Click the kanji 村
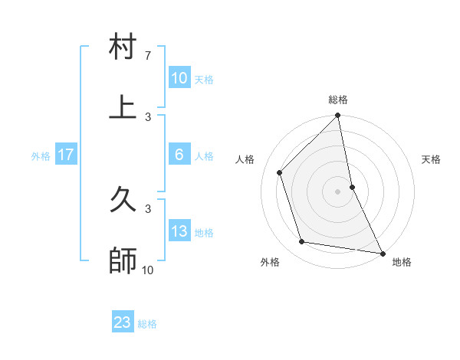click(123, 48)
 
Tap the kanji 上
click(123, 107)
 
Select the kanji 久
click(123, 201)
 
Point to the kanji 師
click(123, 260)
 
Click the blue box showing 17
click(66, 155)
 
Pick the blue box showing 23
click(123, 322)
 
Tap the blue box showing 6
click(179, 155)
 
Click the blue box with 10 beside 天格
click(179, 78)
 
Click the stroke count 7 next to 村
click(148, 56)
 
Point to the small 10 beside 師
click(148, 270)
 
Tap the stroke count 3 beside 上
click(148, 116)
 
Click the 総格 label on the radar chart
click(338, 100)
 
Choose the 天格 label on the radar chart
click(431, 159)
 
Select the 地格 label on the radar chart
click(402, 262)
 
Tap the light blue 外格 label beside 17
click(41, 156)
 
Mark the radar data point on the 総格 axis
click(338, 116)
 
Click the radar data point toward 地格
click(382, 253)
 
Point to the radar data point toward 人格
click(280, 172)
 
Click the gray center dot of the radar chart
click(338, 191)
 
